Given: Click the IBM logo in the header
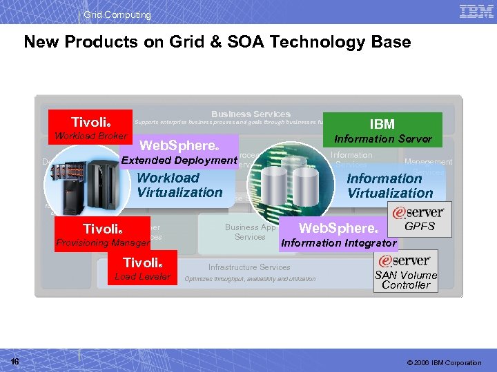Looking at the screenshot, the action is pos(476,11).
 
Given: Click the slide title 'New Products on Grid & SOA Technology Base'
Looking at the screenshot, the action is pos(217,43).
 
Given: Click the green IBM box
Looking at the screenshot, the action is pos(382,124).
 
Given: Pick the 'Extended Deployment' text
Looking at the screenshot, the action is pos(179,161).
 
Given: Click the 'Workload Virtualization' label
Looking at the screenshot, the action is pos(179,185).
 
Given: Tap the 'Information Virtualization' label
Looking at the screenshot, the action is pos(390,186).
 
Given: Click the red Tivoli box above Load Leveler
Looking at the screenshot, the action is pos(142,262).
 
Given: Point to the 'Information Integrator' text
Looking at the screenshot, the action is pos(339,242).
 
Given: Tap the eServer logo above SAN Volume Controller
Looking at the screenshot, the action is pos(406,260).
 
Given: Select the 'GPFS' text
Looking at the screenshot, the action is pos(420,226).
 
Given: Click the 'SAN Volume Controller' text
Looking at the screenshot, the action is pos(406,280).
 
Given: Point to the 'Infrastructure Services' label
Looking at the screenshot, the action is pos(249,267).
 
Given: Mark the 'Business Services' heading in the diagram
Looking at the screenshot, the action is pos(251,114).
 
